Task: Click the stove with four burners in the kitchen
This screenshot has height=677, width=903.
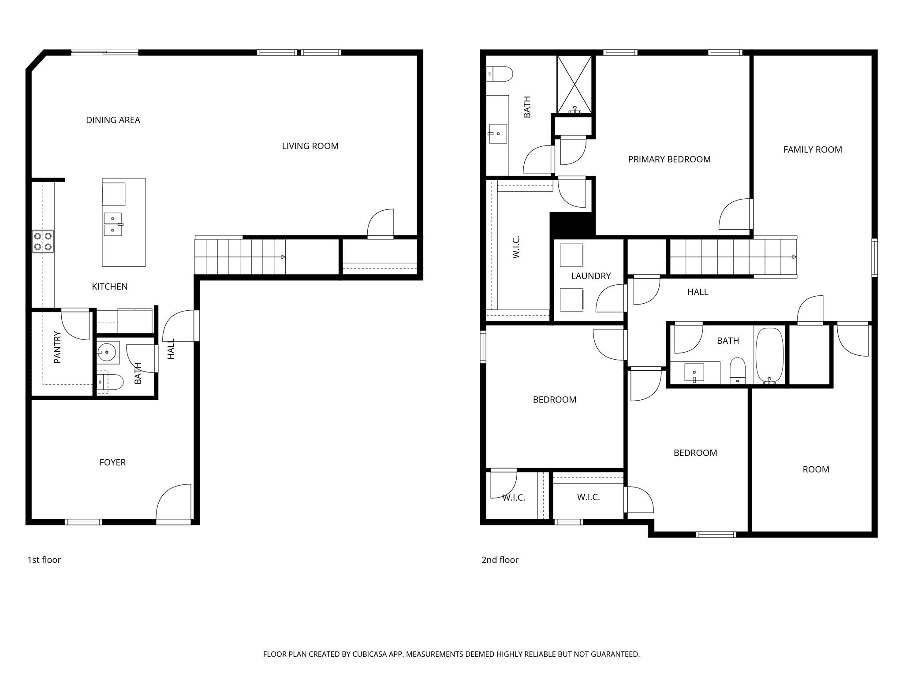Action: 43,242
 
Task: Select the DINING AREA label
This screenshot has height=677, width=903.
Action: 113,120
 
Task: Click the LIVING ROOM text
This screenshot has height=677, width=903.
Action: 310,146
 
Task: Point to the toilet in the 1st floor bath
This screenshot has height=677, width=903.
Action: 110,382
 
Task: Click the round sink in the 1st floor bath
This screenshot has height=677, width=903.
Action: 107,352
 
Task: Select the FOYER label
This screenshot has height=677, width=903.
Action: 112,462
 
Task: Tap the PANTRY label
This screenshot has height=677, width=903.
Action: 57,347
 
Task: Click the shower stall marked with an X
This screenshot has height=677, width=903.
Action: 574,84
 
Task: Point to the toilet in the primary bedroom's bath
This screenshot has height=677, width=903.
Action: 500,74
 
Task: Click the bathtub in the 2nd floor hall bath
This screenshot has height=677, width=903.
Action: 769,355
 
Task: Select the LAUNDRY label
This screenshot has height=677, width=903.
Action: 591,276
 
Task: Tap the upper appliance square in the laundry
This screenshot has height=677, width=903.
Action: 571,255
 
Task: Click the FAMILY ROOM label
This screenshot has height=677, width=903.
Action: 812,150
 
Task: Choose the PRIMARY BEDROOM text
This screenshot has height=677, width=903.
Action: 669,160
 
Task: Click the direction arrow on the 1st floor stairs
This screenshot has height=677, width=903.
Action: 283,257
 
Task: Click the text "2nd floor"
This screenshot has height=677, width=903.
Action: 500,560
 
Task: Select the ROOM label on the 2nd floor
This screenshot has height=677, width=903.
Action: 815,469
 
